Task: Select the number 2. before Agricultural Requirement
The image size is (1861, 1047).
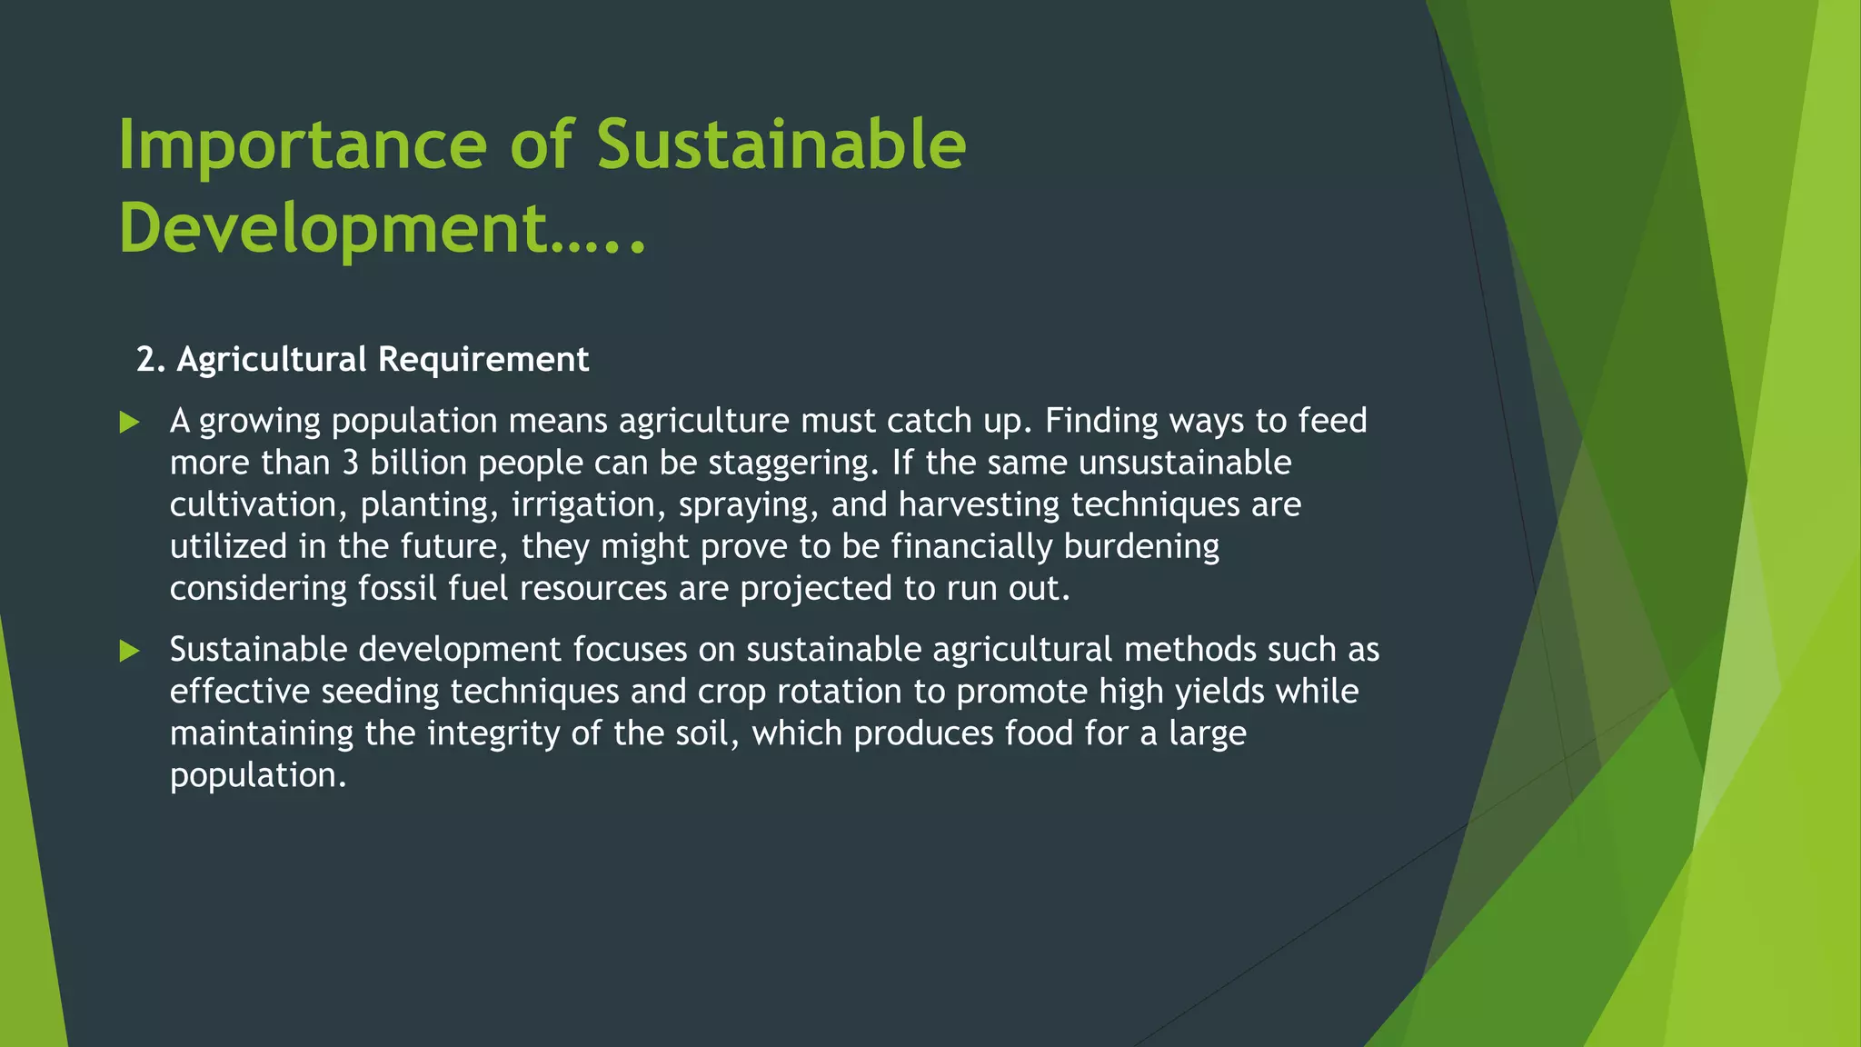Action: [x=151, y=360]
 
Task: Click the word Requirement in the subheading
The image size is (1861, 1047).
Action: [x=483, y=360]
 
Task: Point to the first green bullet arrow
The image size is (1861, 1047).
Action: [x=130, y=423]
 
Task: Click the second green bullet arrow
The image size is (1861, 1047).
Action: [x=130, y=651]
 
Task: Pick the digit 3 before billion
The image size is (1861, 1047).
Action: [x=350, y=463]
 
